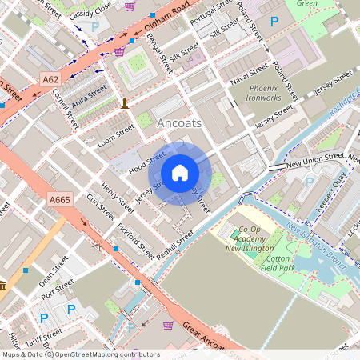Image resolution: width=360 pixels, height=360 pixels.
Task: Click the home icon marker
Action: pos(180,173)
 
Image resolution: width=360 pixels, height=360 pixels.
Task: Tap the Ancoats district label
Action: pos(179,124)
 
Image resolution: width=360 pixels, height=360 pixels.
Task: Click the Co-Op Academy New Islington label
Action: pos(245,239)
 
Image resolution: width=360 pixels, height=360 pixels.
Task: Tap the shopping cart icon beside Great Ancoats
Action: pos(168,326)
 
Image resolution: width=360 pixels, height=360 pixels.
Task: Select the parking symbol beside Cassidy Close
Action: pos(95,26)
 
